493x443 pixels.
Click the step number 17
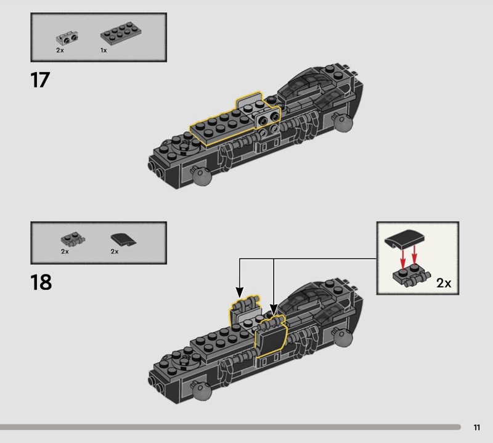pyautogui.click(x=39, y=80)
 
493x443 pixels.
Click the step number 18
pyautogui.click(x=41, y=282)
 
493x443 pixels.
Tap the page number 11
pyautogui.click(x=477, y=428)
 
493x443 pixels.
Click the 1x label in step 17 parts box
pyautogui.click(x=104, y=50)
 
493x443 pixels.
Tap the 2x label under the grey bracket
pyautogui.click(x=59, y=50)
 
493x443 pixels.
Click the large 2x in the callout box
pyautogui.click(x=443, y=283)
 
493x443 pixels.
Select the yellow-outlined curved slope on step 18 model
pyautogui.click(x=270, y=338)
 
